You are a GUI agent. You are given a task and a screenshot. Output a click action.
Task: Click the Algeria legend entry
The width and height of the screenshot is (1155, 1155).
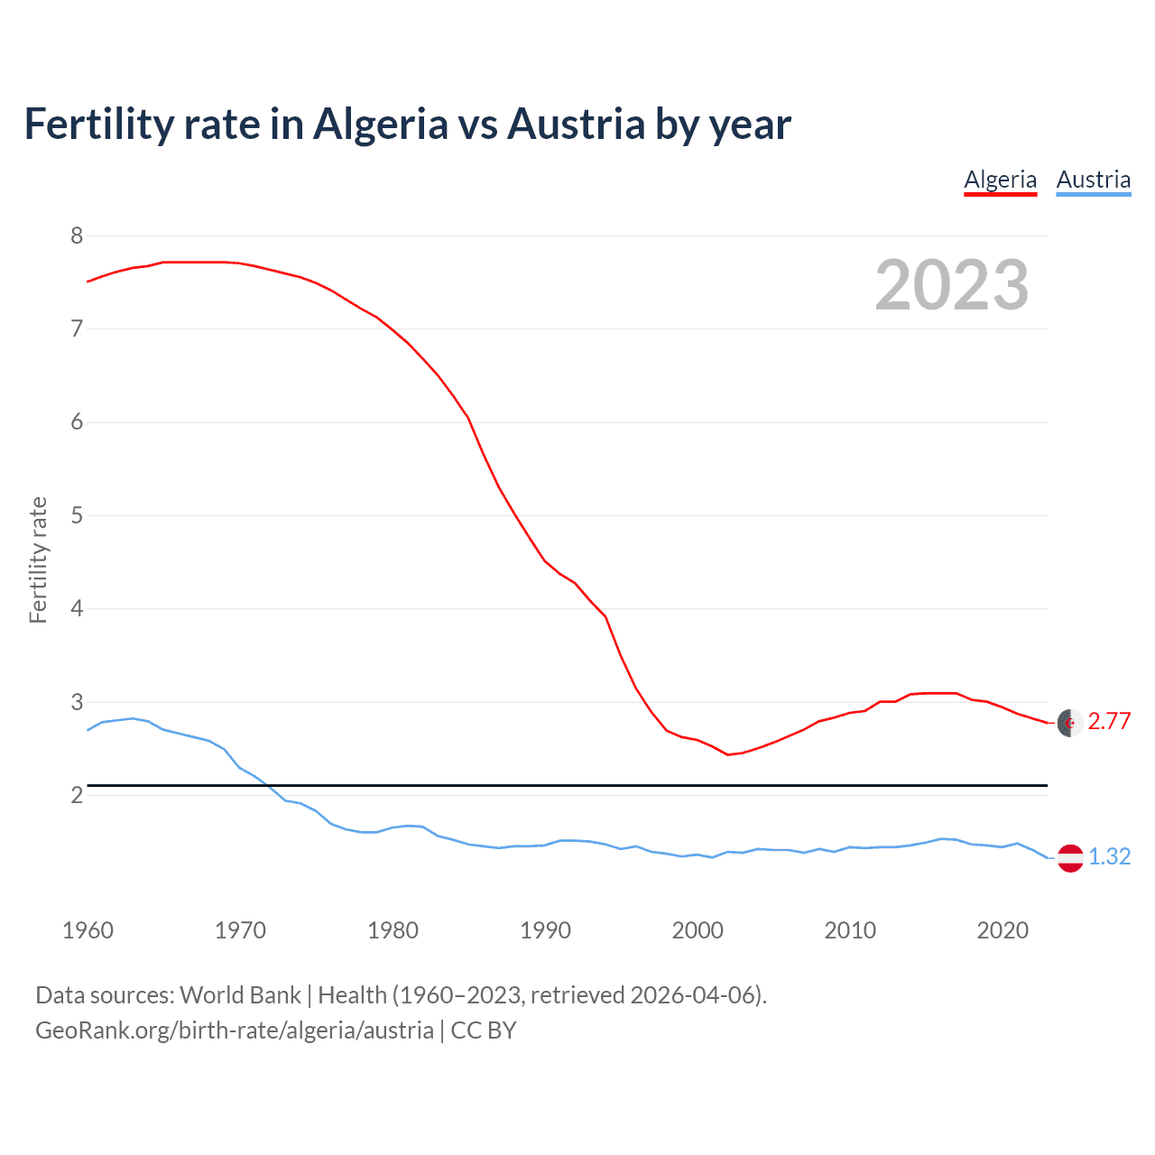[1000, 180]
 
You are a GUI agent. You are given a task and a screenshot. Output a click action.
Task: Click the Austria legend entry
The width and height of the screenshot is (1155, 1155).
[1093, 180]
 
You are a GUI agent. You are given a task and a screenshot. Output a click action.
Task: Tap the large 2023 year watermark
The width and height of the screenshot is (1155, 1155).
[951, 285]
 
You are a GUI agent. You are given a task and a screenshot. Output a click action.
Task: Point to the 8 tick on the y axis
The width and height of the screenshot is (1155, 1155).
[77, 236]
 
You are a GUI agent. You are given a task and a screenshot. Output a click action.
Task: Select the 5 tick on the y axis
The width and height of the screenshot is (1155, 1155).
[77, 515]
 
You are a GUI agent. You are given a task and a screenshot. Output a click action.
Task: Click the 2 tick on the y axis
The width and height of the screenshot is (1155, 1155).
[77, 795]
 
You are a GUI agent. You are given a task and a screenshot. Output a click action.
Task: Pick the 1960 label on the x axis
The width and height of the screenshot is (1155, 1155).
[88, 930]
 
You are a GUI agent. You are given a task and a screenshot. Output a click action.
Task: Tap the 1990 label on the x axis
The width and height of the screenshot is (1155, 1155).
[545, 930]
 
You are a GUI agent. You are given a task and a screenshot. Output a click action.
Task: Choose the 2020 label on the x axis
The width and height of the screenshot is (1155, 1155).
[1003, 930]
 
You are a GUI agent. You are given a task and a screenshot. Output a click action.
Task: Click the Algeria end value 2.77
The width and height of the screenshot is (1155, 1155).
[1109, 721]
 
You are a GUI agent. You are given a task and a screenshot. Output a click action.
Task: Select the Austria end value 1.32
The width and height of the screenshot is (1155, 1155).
[1109, 856]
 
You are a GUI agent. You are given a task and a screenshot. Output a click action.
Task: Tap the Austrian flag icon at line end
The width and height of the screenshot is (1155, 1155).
[1070, 858]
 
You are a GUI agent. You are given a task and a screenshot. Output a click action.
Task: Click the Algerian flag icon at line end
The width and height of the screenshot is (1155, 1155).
[1070, 723]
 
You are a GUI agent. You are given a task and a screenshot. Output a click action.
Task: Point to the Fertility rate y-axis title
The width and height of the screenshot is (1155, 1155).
[38, 559]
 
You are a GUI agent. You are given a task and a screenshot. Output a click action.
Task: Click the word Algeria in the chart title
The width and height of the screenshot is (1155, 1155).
[380, 124]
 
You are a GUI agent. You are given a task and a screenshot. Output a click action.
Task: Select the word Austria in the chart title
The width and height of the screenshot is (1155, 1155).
[576, 124]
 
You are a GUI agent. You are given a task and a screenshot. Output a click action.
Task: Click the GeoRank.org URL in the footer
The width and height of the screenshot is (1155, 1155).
[234, 1030]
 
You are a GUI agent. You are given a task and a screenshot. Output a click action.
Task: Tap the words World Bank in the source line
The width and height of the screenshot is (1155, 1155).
[240, 995]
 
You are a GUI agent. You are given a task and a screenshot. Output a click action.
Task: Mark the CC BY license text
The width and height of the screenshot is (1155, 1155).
[483, 1030]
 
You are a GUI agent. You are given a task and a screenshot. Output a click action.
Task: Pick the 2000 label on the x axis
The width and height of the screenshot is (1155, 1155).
[698, 930]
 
